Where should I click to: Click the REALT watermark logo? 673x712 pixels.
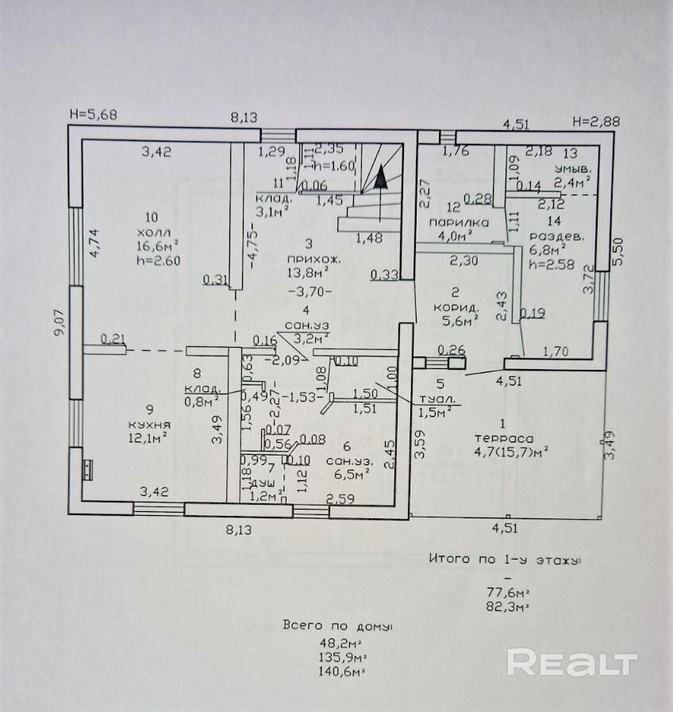[571, 663]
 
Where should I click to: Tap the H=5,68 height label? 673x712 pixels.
[93, 114]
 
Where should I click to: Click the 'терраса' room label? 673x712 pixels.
[504, 437]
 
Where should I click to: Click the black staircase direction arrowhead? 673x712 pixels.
[381, 175]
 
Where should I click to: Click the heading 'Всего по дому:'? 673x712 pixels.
[338, 626]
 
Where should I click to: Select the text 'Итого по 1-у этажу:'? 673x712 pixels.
[505, 560]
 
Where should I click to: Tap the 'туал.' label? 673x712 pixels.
[436, 400]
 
